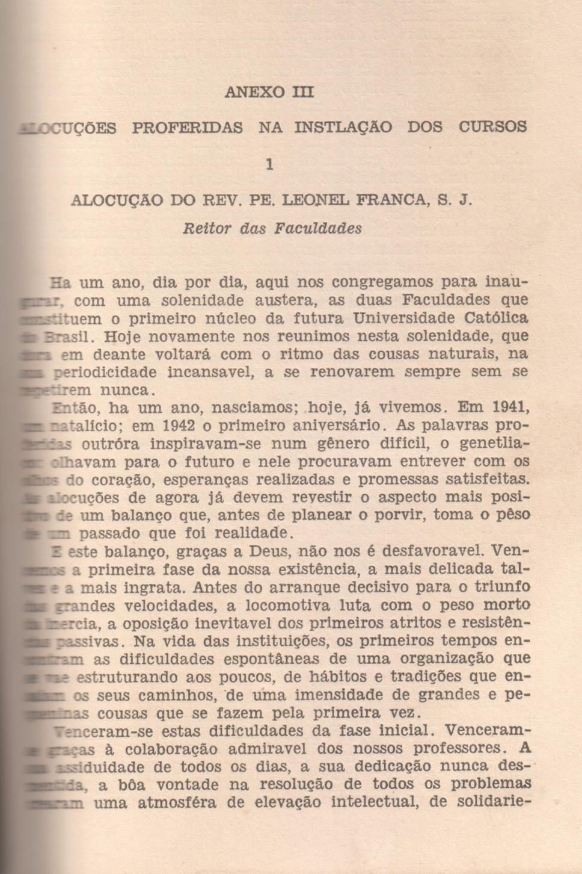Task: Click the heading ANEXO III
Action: pos(269,92)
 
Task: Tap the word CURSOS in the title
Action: pos(492,127)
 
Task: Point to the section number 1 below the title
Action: pos(269,164)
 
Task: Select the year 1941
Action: pos(510,408)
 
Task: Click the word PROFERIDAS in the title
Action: pos(188,128)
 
